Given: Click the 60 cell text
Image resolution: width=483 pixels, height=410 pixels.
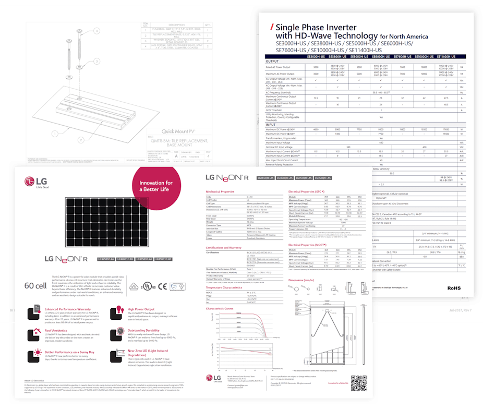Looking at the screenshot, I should click(37, 285).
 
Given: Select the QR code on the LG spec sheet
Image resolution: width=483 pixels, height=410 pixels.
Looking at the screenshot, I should click(356, 383).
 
